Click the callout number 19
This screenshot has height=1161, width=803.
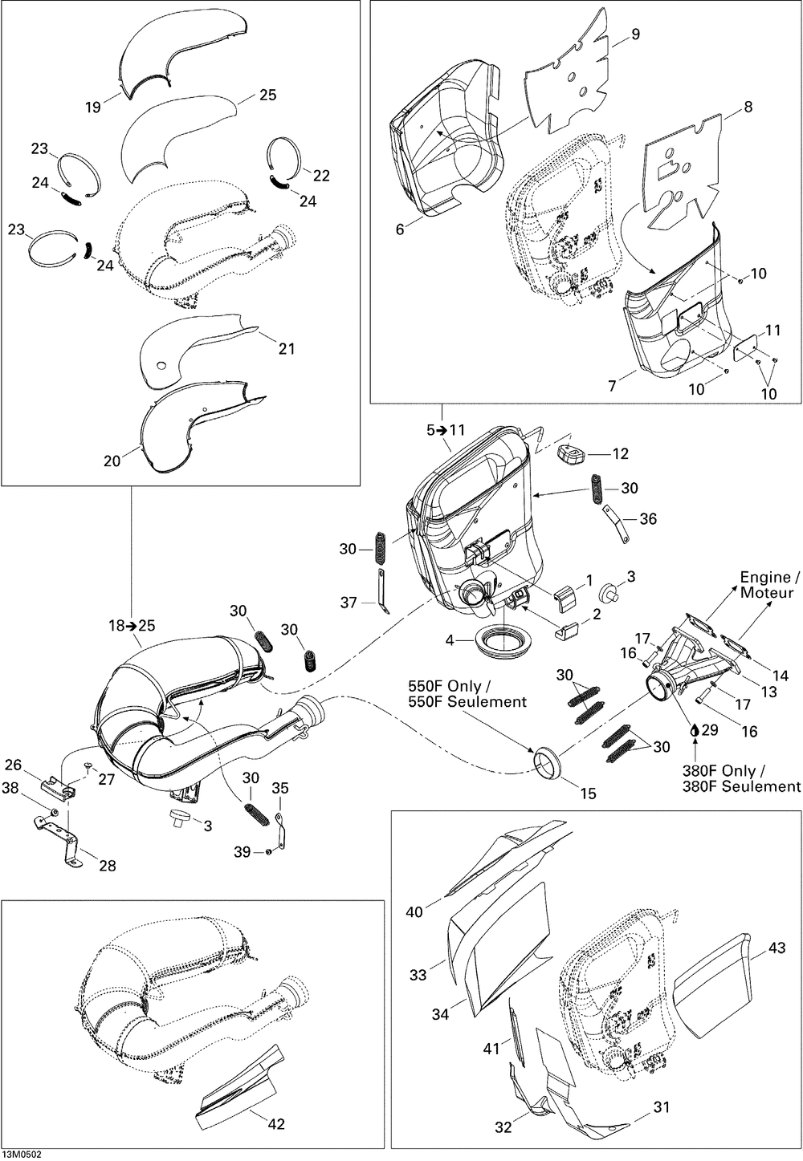(x=94, y=107)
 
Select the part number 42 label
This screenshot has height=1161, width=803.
(x=275, y=1124)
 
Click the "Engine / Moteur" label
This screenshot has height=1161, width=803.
(x=770, y=585)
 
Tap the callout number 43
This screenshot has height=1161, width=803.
(x=777, y=948)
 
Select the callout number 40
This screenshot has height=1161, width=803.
(x=414, y=912)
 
